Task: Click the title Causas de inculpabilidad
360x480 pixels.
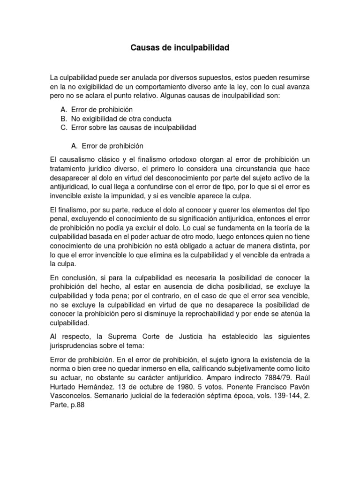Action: pos(180,48)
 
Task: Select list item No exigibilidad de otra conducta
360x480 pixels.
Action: pos(121,118)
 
